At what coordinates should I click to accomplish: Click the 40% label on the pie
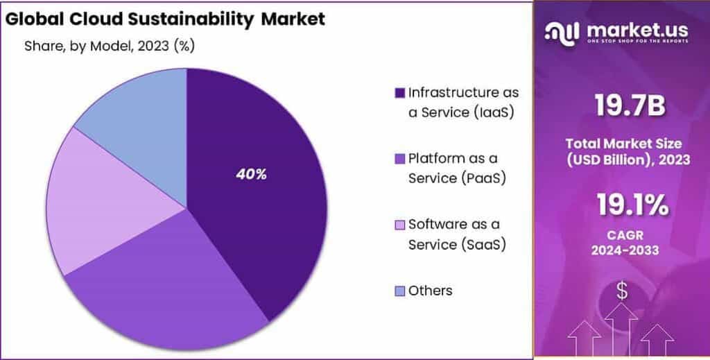[251, 175]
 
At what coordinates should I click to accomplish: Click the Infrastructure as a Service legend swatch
[399, 93]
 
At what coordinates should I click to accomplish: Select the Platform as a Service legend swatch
[399, 159]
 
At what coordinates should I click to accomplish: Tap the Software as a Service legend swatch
[399, 225]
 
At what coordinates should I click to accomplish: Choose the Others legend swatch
[399, 291]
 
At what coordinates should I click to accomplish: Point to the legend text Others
[430, 291]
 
